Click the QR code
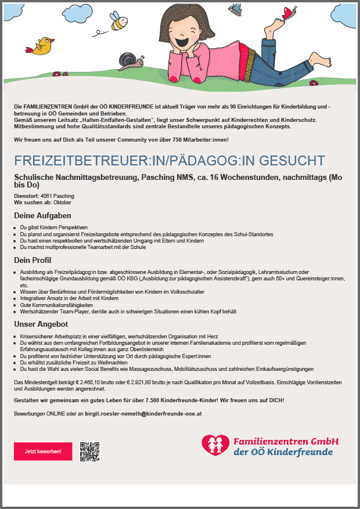pyautogui.click(x=90, y=451)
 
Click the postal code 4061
pyautogui.click(x=48, y=196)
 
